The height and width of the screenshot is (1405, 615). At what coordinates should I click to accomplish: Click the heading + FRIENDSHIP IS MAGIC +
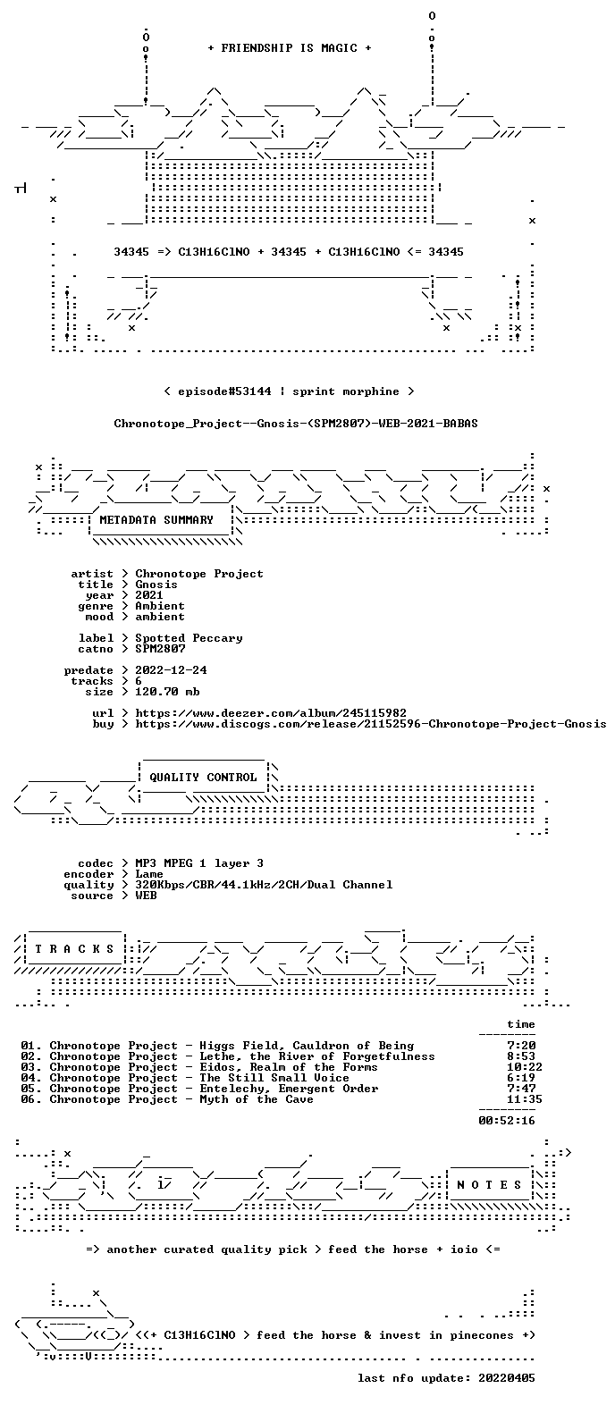pyautogui.click(x=290, y=47)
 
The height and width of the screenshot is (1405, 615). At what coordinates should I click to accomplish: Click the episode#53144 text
pyautogui.click(x=224, y=391)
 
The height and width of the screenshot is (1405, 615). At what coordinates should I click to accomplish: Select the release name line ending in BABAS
pyautogui.click(x=296, y=424)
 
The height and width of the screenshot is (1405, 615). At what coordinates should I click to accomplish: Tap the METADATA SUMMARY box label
pyautogui.click(x=156, y=520)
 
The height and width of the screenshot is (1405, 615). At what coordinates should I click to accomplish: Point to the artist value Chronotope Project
pyautogui.click(x=199, y=574)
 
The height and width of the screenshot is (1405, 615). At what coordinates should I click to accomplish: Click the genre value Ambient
pyautogui.click(x=160, y=606)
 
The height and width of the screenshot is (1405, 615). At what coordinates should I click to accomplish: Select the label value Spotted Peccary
pyautogui.click(x=189, y=638)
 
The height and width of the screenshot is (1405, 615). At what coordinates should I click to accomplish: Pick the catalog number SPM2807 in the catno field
pyautogui.click(x=160, y=649)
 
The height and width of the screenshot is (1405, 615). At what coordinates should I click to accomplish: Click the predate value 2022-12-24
pyautogui.click(x=171, y=670)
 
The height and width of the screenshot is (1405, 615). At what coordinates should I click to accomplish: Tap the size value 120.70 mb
pyautogui.click(x=167, y=691)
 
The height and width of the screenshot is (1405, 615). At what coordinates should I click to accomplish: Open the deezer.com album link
pyautogui.click(x=271, y=713)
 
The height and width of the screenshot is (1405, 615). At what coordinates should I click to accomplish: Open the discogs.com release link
pyautogui.click(x=371, y=724)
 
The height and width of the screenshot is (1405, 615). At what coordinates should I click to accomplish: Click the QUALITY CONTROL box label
pyautogui.click(x=203, y=778)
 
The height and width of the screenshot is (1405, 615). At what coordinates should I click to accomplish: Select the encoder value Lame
pyautogui.click(x=149, y=874)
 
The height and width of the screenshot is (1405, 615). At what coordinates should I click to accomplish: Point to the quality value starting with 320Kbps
pyautogui.click(x=264, y=885)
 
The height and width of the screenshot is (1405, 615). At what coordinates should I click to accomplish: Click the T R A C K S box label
pyautogui.click(x=74, y=949)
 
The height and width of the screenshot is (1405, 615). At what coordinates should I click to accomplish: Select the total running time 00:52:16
pyautogui.click(x=507, y=1120)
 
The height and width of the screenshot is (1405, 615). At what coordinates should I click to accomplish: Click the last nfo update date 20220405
pyautogui.click(x=507, y=1378)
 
